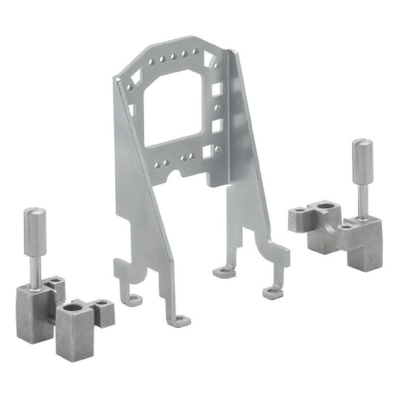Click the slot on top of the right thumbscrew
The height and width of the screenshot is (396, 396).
361,142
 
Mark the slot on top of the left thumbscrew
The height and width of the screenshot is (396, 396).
34,212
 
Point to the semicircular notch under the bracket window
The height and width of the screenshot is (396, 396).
175,172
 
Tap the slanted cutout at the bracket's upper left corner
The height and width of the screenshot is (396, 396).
134,74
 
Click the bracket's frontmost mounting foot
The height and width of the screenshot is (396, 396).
178,320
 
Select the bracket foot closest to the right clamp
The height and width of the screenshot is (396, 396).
272,291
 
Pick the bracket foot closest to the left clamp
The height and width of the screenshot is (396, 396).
133,299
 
